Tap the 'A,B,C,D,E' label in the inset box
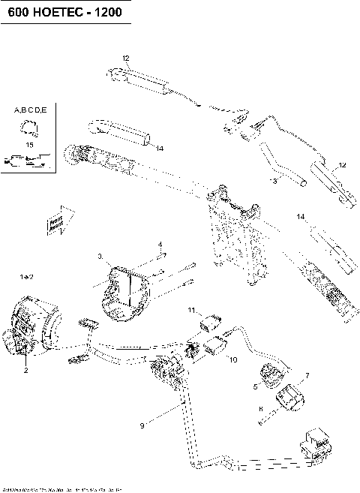(x=30, y=110)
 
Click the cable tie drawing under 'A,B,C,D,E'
(x=29, y=127)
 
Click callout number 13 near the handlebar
(x=273, y=181)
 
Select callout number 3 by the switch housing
(x=100, y=257)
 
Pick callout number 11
(x=191, y=309)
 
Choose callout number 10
(x=232, y=360)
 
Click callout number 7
(x=306, y=374)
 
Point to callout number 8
(x=259, y=410)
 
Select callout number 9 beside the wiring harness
(x=140, y=426)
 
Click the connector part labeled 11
(x=211, y=322)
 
